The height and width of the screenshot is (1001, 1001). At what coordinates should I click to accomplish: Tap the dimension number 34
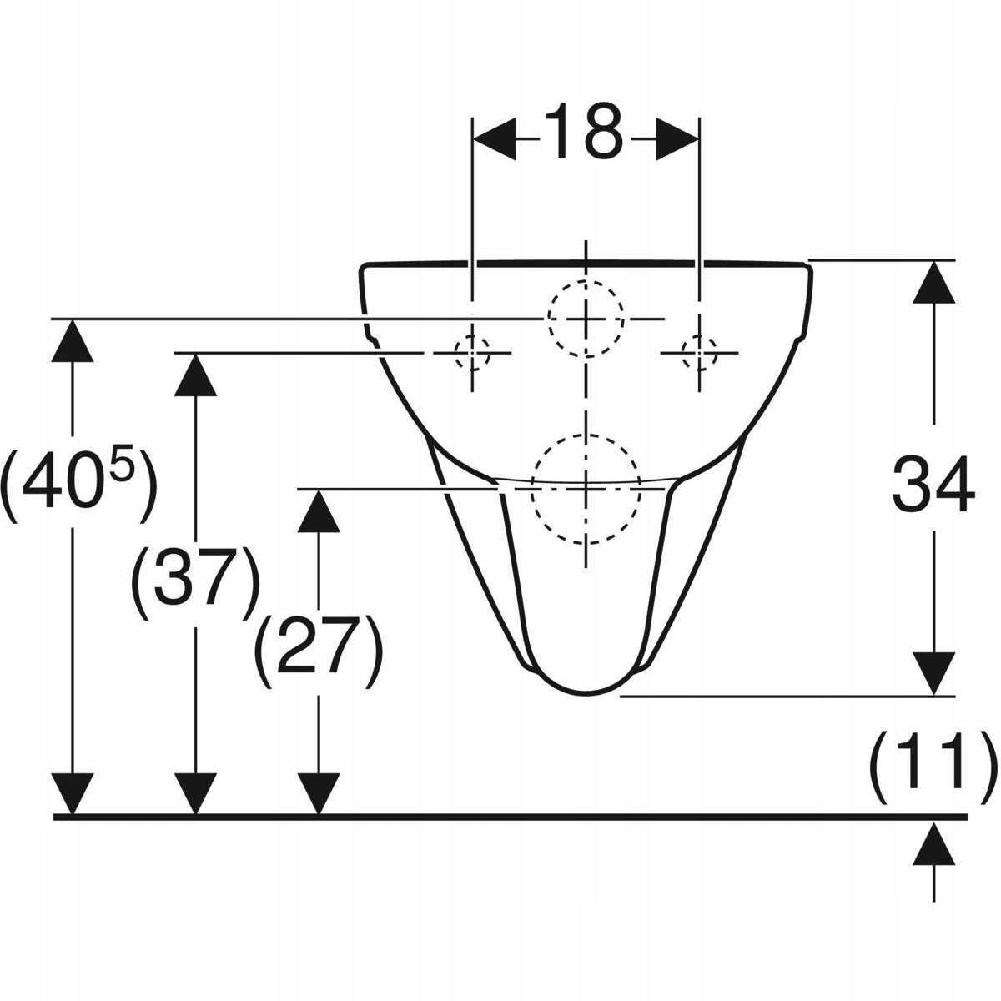pos(933,483)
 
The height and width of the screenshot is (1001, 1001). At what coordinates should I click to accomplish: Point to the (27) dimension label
pos(319,652)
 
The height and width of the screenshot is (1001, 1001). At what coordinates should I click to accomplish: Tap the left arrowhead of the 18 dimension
pos(495,140)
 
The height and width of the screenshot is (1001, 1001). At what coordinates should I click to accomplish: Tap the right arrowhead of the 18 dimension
pos(677,140)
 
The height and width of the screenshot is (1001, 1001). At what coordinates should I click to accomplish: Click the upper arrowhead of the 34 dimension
pos(934,281)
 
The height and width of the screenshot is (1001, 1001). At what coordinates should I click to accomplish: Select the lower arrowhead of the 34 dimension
pos(934,674)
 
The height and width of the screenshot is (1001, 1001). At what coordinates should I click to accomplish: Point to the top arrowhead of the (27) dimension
pos(319,511)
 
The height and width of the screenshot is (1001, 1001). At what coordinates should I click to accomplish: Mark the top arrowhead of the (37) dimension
pos(195,375)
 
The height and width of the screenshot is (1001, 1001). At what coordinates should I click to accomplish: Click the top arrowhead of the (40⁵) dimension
pos(73,341)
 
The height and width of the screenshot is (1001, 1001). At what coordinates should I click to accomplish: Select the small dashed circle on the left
pos(472,353)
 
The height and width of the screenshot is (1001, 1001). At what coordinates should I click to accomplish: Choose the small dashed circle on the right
pos(699,353)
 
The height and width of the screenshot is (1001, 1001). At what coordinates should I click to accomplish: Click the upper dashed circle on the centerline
pos(586,319)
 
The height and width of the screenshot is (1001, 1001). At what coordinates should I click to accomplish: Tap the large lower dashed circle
pos(586,489)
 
